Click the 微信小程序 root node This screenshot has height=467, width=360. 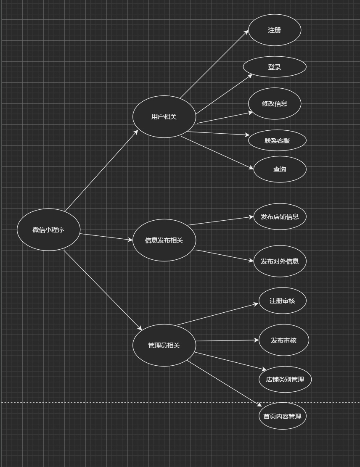(48, 230)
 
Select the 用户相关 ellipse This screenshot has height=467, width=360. (164, 116)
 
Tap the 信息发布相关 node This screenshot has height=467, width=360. (164, 240)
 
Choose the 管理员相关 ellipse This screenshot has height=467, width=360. (164, 345)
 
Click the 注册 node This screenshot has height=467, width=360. (275, 30)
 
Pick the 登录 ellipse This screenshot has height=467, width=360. (275, 67)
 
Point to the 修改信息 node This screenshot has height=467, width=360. (275, 103)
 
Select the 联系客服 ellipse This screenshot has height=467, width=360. (277, 140)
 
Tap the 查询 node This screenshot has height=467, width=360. (280, 169)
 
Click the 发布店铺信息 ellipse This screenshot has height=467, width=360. (280, 216)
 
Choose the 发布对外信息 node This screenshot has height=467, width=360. (280, 261)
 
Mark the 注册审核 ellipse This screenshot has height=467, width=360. (282, 301)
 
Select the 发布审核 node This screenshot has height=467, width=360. (284, 340)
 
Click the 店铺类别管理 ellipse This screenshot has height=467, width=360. (285, 379)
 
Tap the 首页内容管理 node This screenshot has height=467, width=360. (282, 416)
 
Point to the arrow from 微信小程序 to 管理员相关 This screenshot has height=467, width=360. (103, 290)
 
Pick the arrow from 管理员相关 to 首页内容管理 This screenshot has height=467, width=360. (224, 383)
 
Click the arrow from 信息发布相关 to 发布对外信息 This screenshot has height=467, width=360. (225, 256)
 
